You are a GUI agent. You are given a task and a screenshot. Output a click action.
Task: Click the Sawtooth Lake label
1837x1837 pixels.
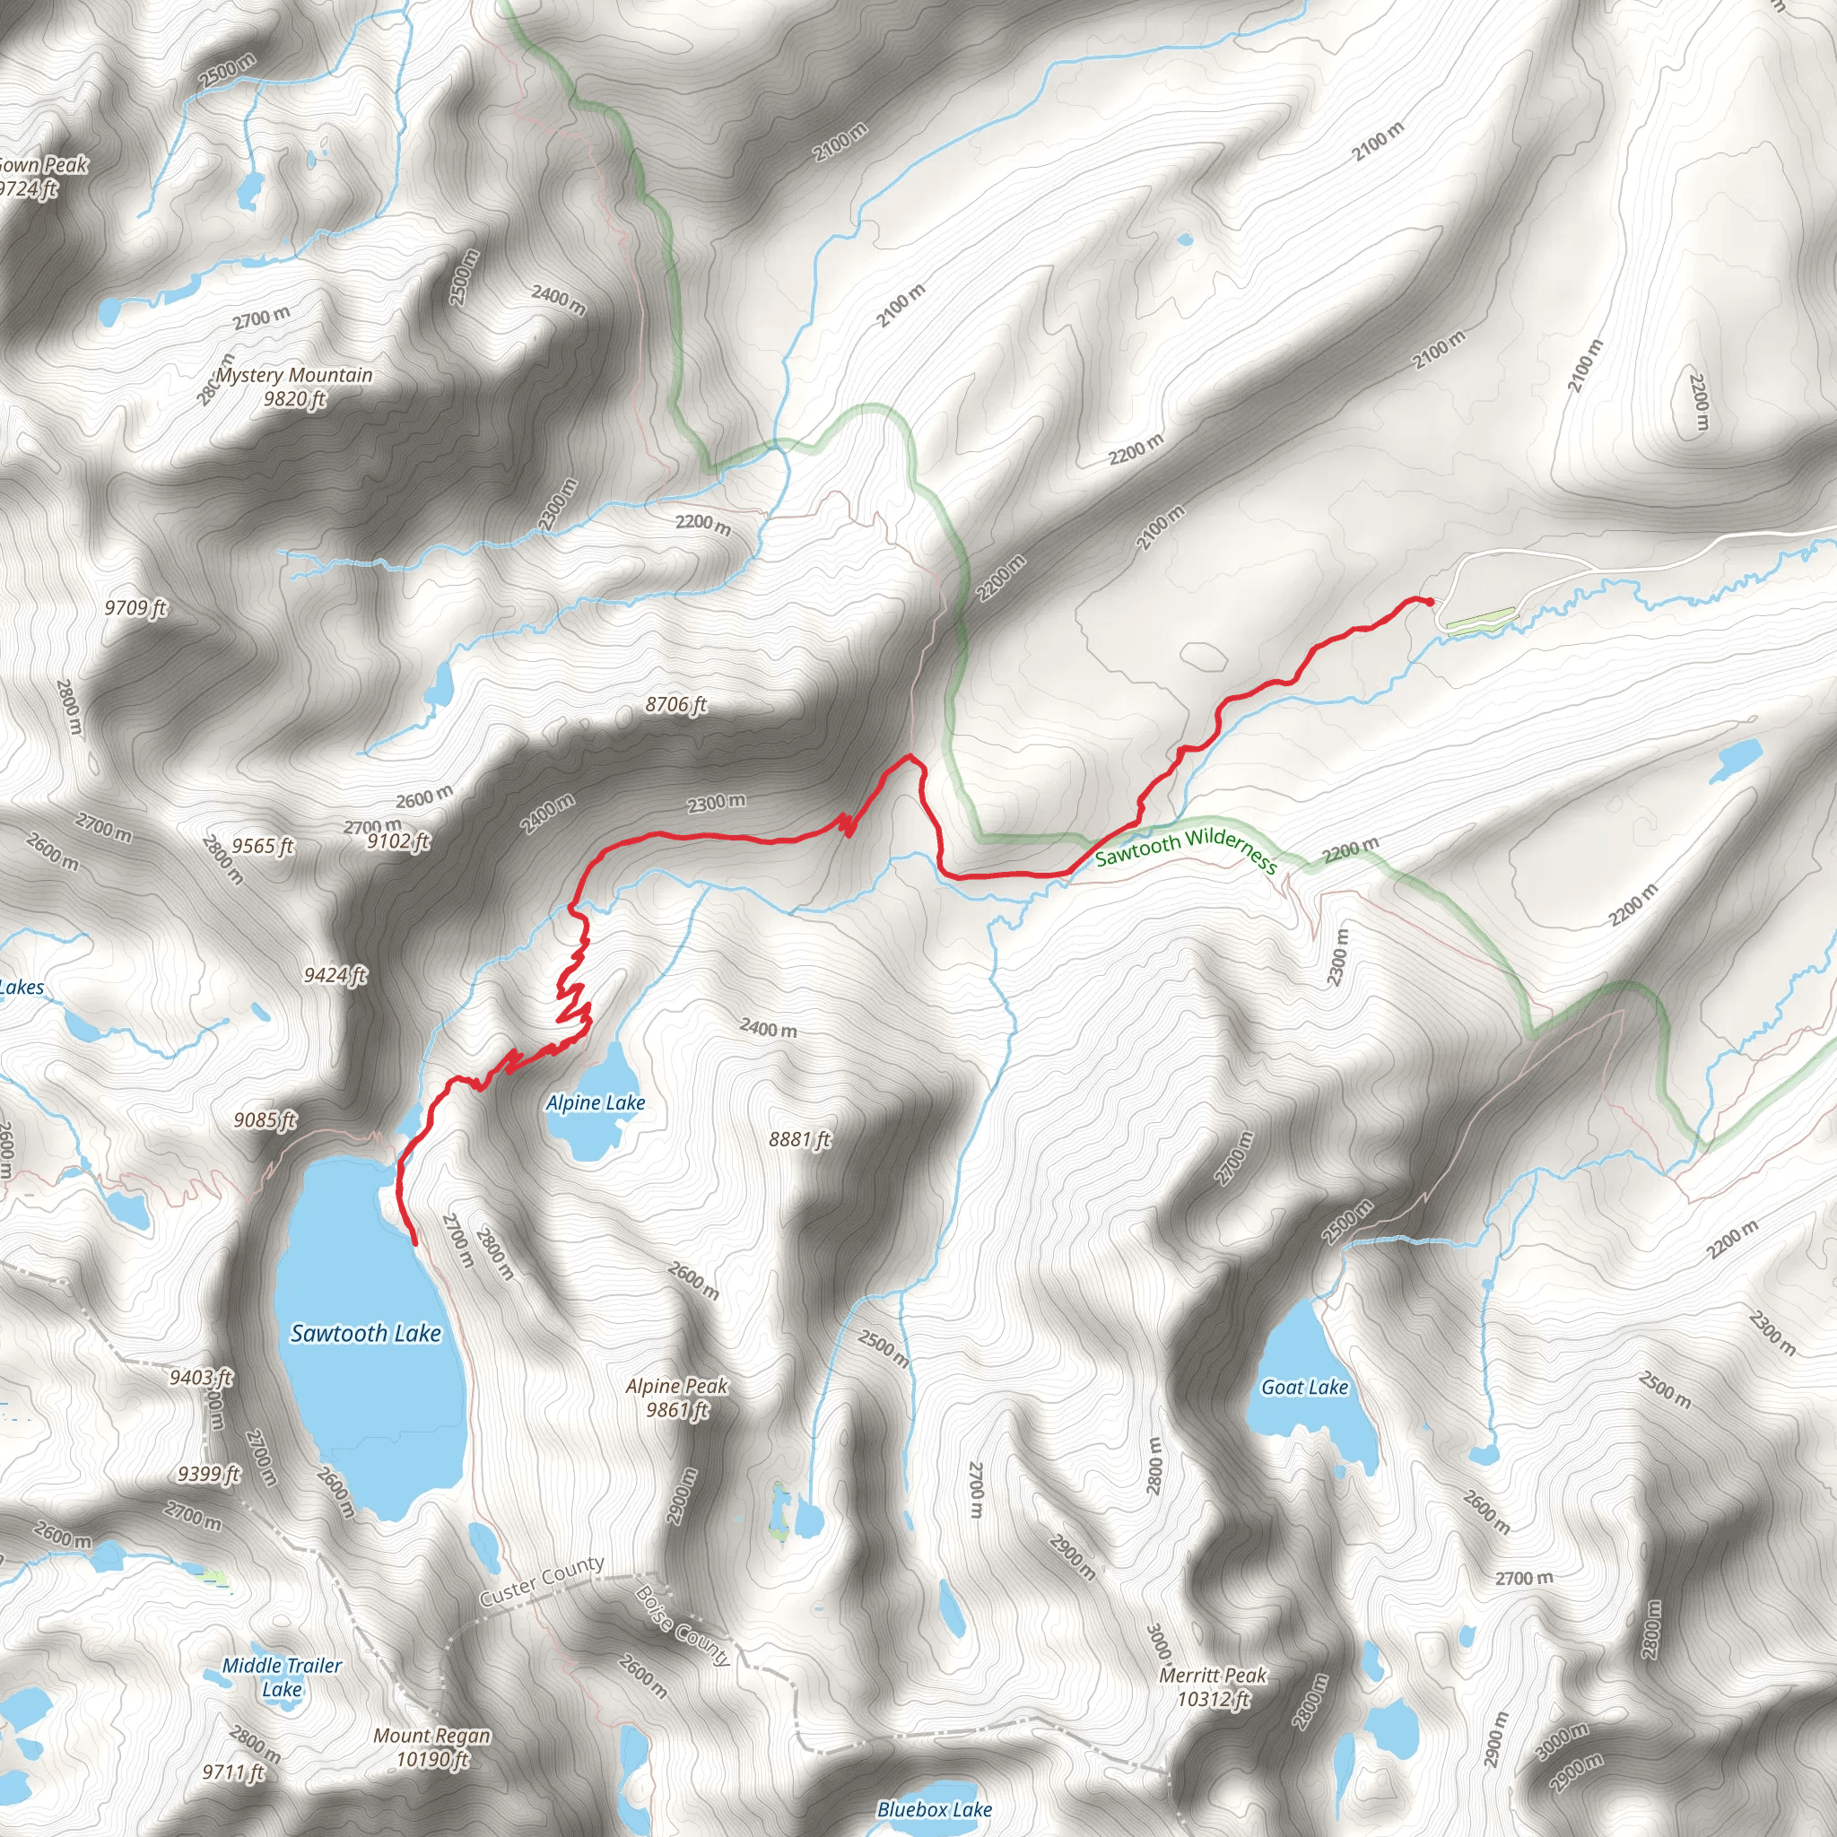pos(366,1333)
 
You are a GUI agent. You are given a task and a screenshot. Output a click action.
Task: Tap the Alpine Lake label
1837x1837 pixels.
pos(596,1103)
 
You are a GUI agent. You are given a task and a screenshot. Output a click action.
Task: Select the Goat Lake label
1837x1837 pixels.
pos(1304,1388)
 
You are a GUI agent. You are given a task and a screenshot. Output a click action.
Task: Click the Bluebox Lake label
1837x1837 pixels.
pos(935,1809)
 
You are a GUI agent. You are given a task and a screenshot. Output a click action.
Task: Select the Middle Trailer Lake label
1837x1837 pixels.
pos(282,1677)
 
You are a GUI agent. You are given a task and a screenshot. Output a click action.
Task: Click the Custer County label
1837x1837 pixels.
pos(542,1580)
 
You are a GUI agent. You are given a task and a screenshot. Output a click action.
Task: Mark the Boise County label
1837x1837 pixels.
pos(683,1626)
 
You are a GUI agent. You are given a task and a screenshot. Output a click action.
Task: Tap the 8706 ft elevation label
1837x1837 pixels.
pos(676,704)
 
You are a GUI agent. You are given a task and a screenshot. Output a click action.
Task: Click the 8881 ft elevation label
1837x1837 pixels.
pos(799,1139)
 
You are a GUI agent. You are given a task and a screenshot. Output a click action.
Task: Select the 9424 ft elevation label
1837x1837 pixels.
pos(335,975)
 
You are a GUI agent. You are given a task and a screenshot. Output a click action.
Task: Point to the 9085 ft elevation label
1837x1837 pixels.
pos(266,1120)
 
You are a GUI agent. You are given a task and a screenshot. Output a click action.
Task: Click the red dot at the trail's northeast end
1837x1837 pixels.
pos(1429,600)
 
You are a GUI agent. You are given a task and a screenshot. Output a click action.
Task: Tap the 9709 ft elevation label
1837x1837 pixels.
pos(135,606)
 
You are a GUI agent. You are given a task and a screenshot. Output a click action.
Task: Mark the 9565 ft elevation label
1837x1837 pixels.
pos(263,845)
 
